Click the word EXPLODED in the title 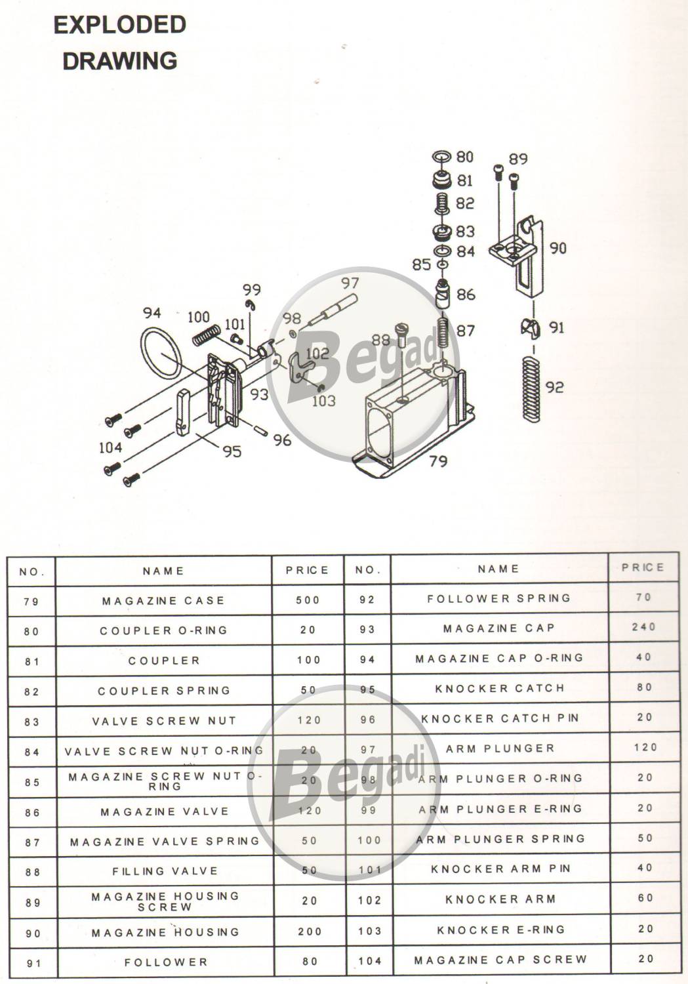pyautogui.click(x=120, y=25)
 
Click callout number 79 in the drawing pyautogui.click(x=437, y=461)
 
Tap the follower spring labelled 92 pyautogui.click(x=533, y=389)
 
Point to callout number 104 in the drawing pyautogui.click(x=110, y=447)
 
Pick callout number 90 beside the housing pyautogui.click(x=557, y=248)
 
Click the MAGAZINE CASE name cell pyautogui.click(x=163, y=600)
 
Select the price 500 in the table pyautogui.click(x=308, y=600)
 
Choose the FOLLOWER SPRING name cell pyautogui.click(x=498, y=598)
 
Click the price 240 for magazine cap pyautogui.click(x=643, y=626)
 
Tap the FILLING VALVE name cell pyautogui.click(x=165, y=871)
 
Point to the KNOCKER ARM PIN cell pyautogui.click(x=500, y=869)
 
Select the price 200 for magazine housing pyautogui.click(x=310, y=932)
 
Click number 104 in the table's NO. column pyautogui.click(x=369, y=961)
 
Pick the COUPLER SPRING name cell pyautogui.click(x=164, y=691)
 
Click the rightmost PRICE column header pyautogui.click(x=643, y=567)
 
